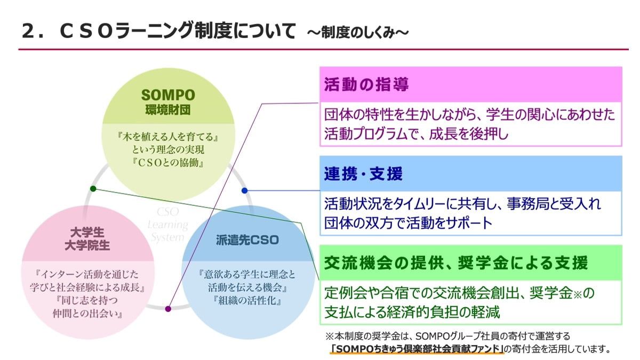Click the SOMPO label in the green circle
pos(168,95)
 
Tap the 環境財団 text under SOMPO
pos(168,110)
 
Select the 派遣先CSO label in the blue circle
pos(247,240)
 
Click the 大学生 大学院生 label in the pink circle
pos(87,238)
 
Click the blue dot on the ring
pos(244,190)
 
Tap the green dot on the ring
pos(93,188)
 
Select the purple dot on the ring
pos(168,308)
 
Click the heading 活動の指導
pos(366,85)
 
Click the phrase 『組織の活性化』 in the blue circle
pos(246,300)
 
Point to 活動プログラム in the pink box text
pos(373,133)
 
